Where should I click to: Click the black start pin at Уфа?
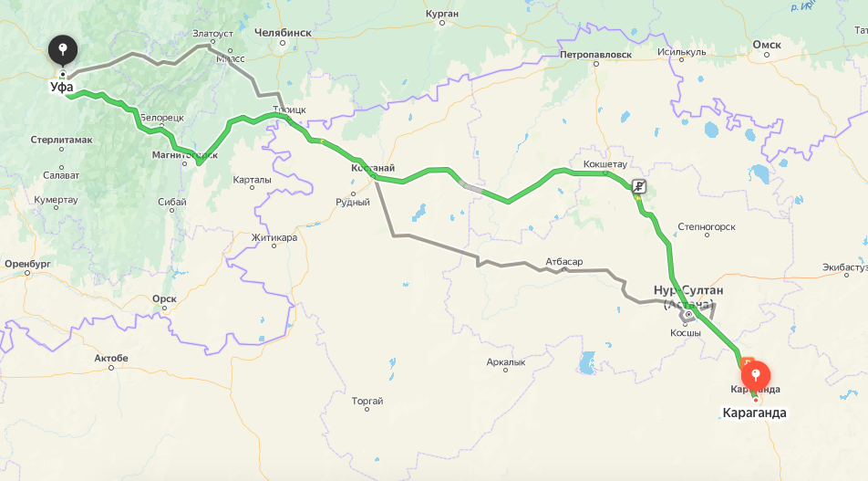point(63,49)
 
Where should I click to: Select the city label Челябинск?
point(283,32)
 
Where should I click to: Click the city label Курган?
point(442,14)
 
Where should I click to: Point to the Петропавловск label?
point(595,54)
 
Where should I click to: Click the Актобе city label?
point(111,358)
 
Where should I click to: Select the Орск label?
point(164,298)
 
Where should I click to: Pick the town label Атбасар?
point(563,262)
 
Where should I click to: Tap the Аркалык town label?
point(506,362)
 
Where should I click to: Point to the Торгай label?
point(367,401)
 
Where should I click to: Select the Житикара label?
point(274,237)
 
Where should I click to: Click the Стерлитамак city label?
point(61,139)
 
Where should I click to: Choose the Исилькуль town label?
point(681,51)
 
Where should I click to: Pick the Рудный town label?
point(353,202)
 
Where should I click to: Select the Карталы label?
point(252,180)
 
